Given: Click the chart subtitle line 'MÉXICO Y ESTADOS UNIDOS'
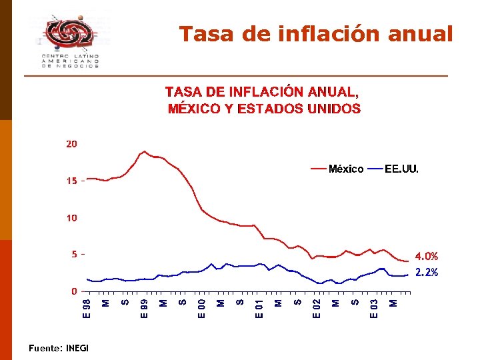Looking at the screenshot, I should click(x=264, y=109).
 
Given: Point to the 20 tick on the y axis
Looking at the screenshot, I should click(x=71, y=144).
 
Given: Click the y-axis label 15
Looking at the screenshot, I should click(x=71, y=181).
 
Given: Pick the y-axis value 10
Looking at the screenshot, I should click(x=71, y=218).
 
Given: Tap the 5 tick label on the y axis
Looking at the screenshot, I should click(x=75, y=255).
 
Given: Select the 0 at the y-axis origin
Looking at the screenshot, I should click(x=75, y=291).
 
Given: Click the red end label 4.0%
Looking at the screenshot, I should click(x=427, y=257).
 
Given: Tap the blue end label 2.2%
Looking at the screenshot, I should click(x=427, y=273).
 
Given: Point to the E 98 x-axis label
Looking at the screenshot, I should click(x=86, y=307).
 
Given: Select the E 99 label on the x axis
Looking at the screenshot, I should click(x=144, y=307).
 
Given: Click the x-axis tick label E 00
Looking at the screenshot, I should click(x=202, y=307).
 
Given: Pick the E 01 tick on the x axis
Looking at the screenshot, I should click(x=260, y=307).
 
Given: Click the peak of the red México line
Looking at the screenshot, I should click(x=144, y=151).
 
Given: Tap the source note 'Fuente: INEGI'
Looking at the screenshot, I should click(x=59, y=348).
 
